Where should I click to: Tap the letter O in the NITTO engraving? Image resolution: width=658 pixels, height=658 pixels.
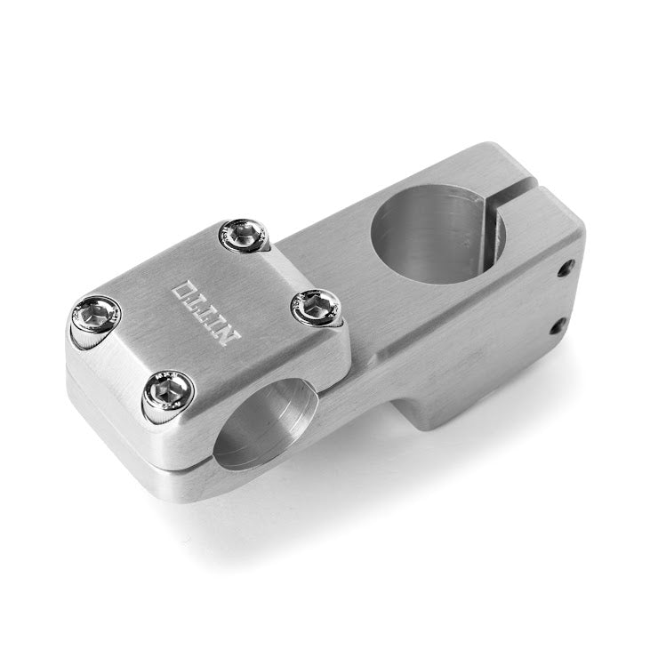[184, 290]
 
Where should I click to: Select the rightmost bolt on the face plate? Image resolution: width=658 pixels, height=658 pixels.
[316, 309]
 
